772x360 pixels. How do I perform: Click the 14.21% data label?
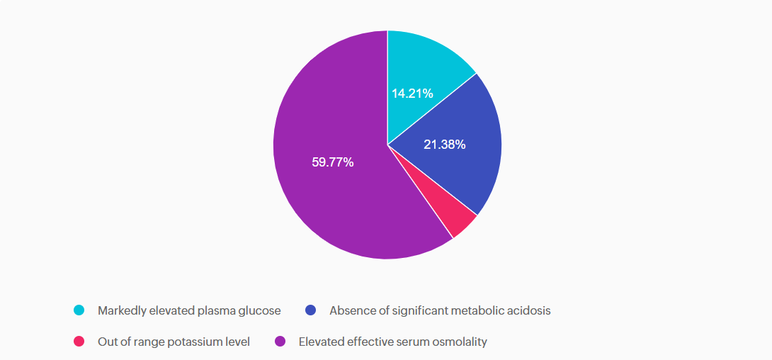[412, 93]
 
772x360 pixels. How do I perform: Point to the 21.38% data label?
[444, 145]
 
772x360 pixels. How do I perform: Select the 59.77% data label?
[332, 162]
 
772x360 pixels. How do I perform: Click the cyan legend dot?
[79, 310]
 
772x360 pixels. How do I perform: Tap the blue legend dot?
[310, 310]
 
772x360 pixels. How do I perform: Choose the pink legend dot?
[79, 342]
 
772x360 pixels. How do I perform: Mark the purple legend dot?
[280, 342]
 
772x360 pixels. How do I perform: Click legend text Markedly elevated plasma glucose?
[189, 310]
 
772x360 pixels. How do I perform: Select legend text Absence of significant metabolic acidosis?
[439, 310]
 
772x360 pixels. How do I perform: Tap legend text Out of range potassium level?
[174, 342]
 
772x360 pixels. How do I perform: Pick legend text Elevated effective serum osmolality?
[392, 342]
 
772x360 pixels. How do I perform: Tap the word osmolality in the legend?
[462, 342]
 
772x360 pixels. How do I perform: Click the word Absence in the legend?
[350, 310]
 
